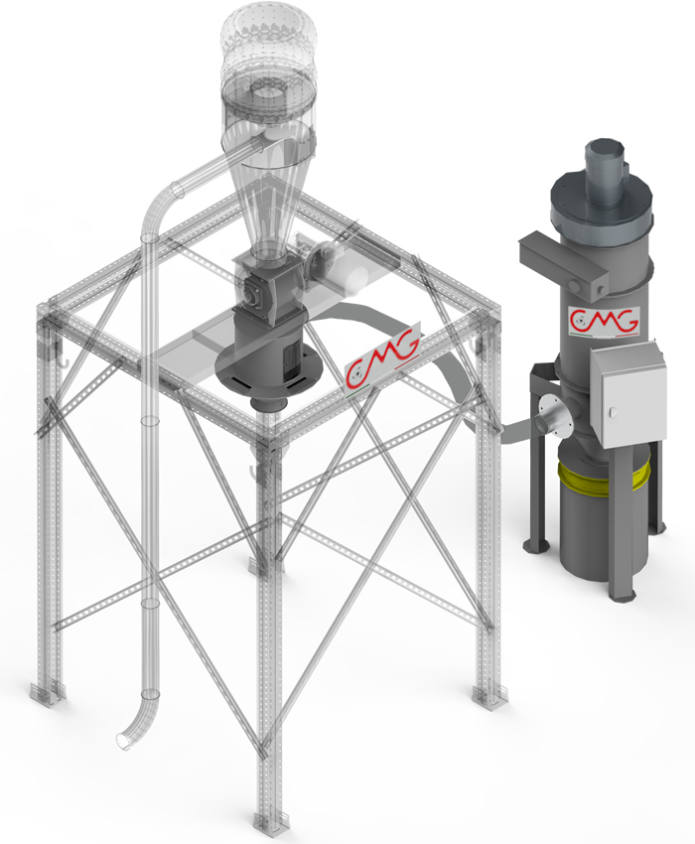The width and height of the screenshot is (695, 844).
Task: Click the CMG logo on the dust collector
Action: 604,322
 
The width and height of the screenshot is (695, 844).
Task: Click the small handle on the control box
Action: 614,413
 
